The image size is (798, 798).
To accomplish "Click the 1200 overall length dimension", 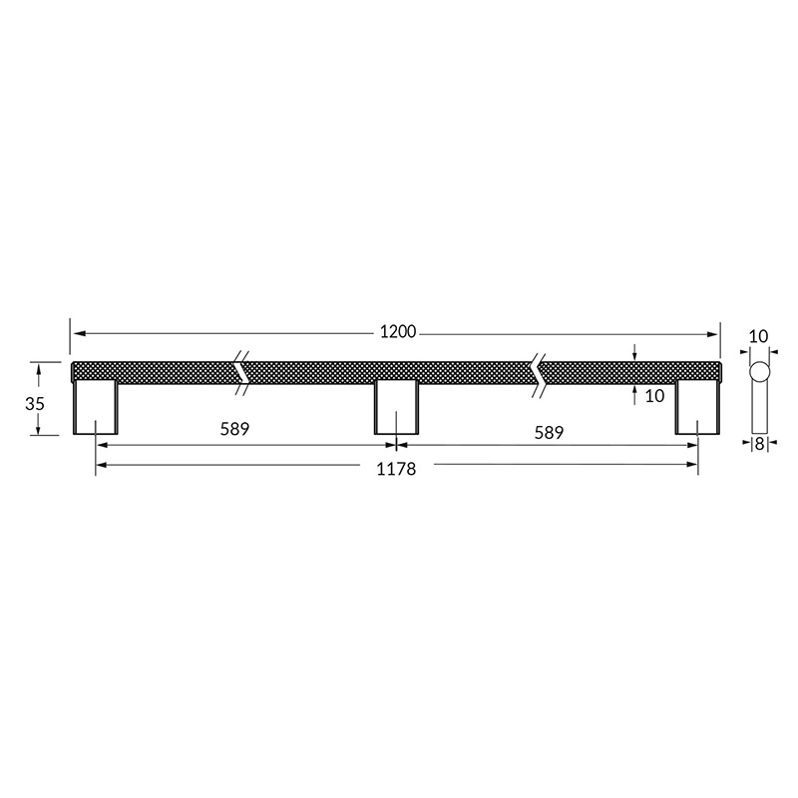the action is pyautogui.click(x=398, y=332).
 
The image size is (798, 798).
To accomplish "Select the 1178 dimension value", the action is pyautogui.click(x=396, y=469).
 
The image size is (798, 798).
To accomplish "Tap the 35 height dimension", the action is pyautogui.click(x=35, y=404).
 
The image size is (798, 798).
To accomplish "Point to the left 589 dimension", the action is pyautogui.click(x=234, y=429).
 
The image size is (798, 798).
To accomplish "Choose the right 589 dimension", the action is pyautogui.click(x=549, y=433).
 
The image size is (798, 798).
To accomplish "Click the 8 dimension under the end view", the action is pyautogui.click(x=759, y=444).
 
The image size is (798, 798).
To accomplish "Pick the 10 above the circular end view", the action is pyautogui.click(x=758, y=336).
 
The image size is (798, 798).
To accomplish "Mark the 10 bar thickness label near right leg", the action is pyautogui.click(x=654, y=396).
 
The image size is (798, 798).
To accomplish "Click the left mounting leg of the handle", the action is pyautogui.click(x=96, y=407).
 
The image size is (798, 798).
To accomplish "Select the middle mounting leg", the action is pyautogui.click(x=396, y=407).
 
